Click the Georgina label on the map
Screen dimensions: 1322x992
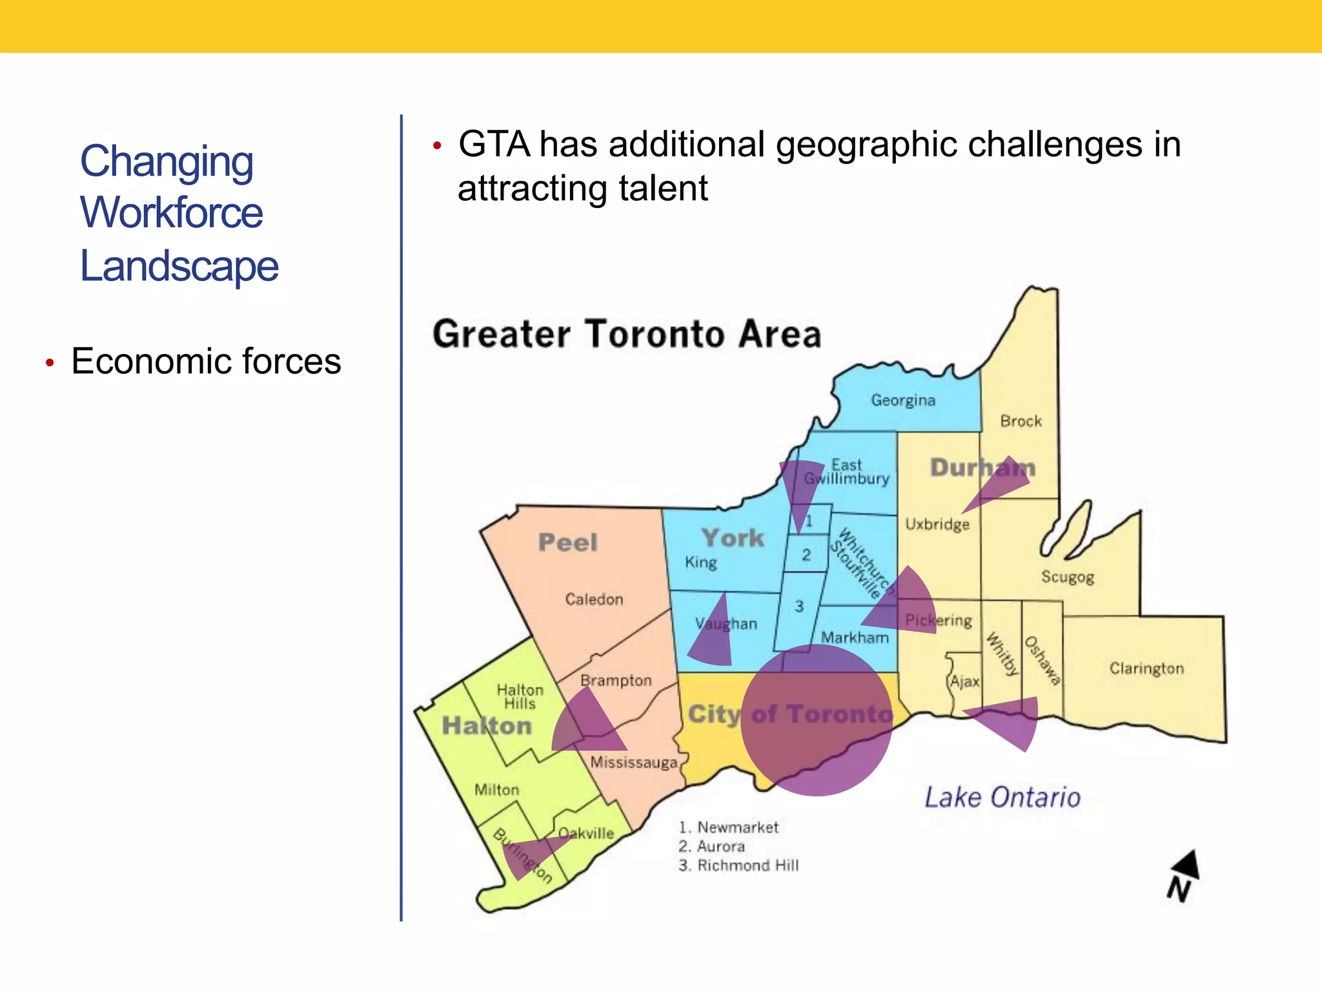click(902, 400)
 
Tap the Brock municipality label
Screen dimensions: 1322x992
click(1021, 421)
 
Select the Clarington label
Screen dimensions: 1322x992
click(1146, 668)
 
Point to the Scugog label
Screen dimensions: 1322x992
click(1067, 577)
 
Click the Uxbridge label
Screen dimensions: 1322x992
click(937, 524)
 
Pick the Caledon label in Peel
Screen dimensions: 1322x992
click(594, 599)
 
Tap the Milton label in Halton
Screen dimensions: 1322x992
click(496, 789)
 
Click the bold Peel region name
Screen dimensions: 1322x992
click(567, 542)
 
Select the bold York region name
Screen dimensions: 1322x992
click(733, 538)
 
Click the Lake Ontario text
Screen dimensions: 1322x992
click(1002, 798)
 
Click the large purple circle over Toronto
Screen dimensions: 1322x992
click(817, 720)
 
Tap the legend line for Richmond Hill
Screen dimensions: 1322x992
click(738, 865)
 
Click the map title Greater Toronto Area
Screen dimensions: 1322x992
click(627, 334)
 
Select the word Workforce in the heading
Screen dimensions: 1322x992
click(171, 212)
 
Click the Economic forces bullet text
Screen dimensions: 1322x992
click(206, 361)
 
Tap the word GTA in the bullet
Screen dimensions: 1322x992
click(494, 144)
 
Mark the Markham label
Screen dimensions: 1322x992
click(854, 637)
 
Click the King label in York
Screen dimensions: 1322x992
click(700, 563)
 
